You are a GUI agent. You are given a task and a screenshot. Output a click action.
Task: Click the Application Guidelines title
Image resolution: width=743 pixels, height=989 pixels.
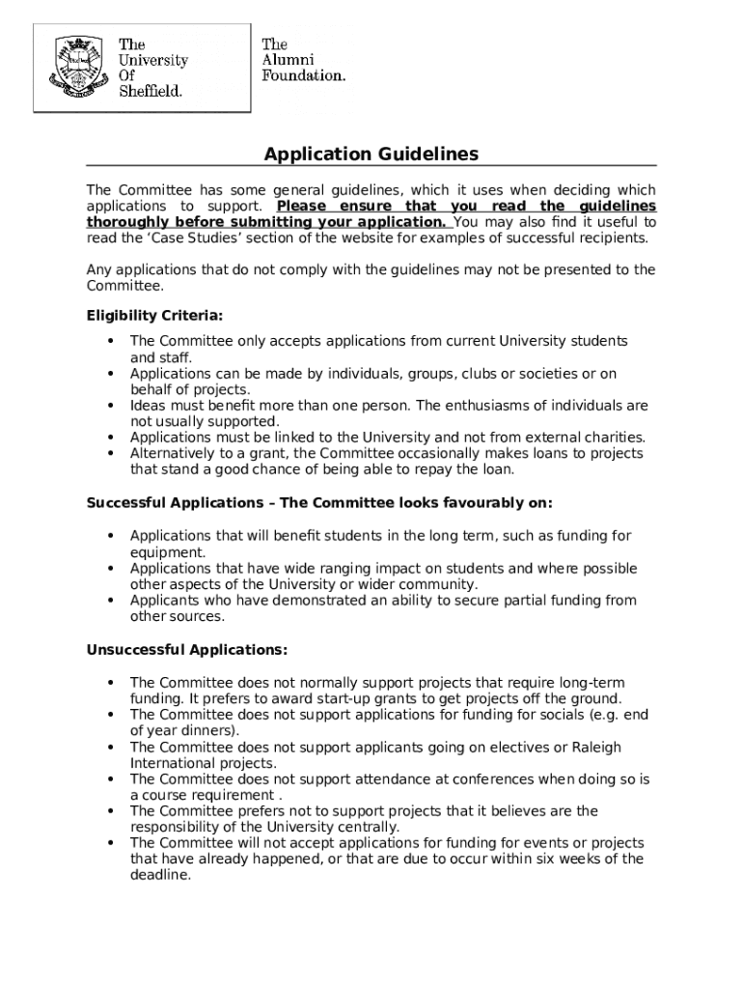[x=371, y=155]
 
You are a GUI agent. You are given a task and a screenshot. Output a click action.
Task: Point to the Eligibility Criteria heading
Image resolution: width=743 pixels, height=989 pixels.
[x=154, y=316]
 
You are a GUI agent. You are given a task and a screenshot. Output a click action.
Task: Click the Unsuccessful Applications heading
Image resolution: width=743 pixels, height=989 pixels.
[x=186, y=649]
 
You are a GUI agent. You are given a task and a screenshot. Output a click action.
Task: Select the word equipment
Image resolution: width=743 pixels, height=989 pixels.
[x=168, y=552]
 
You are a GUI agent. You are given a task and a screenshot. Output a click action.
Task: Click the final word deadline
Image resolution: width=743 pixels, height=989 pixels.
[x=160, y=875]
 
